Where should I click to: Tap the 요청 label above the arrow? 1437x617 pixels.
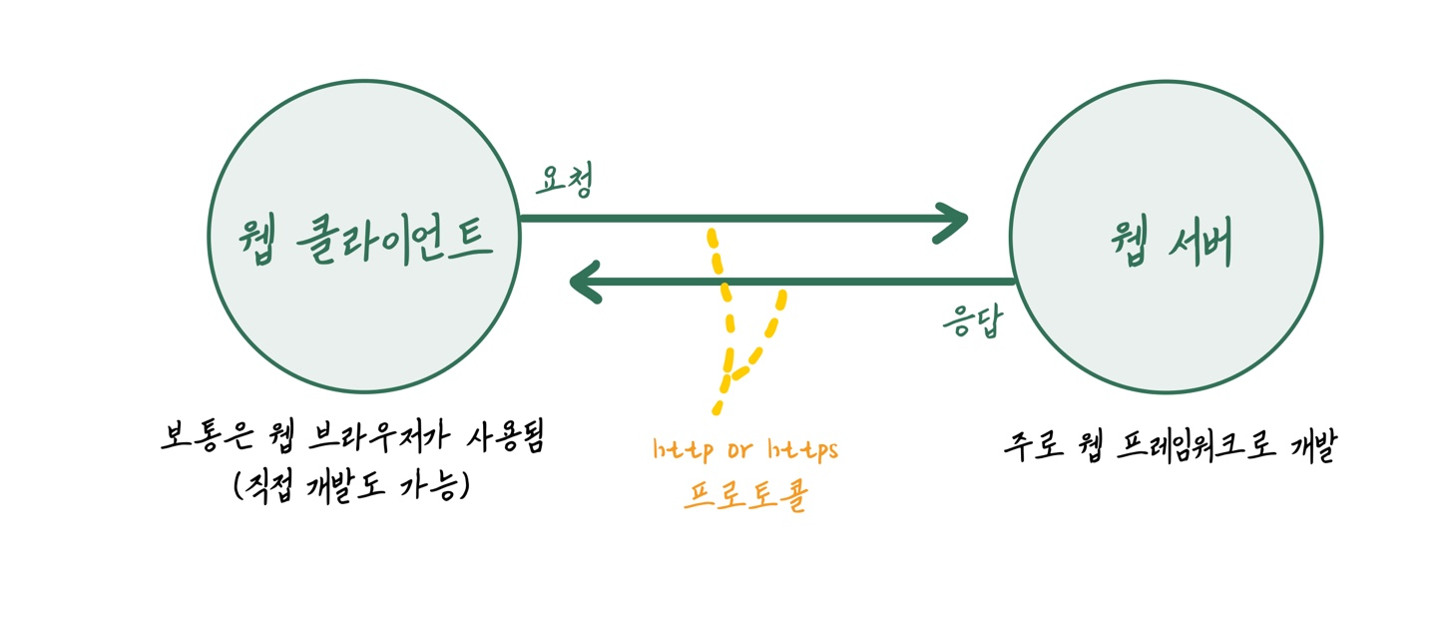565,180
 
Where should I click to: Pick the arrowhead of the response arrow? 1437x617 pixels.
586,283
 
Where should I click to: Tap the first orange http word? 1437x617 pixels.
683,450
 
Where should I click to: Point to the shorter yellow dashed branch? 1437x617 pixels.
764,335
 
